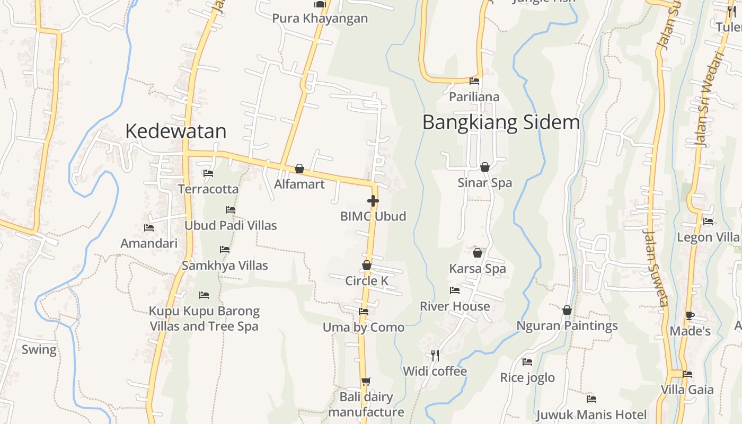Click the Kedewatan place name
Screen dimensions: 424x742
pos(175,131)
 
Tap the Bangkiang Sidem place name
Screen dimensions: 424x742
pos(501,122)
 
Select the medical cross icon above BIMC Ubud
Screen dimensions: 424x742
pos(373,201)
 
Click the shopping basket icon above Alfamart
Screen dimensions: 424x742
pos(299,169)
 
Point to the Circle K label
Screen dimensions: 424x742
pos(367,281)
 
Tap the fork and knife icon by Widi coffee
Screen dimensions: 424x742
pos(435,355)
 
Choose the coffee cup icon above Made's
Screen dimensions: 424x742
pos(690,316)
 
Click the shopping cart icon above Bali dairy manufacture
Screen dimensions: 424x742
pos(366,381)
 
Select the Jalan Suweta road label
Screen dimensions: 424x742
pos(655,268)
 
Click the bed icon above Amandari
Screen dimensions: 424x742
pos(149,228)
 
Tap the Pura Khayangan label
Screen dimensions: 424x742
pos(320,19)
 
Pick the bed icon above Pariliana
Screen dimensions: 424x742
pos(474,81)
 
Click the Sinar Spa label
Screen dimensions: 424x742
pos(485,183)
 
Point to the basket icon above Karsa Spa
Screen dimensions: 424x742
pos(478,253)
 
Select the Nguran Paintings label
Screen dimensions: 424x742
pos(567,325)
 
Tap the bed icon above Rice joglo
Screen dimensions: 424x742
pos(527,362)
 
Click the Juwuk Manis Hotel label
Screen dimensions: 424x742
pos(591,414)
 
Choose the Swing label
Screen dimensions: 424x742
pos(39,350)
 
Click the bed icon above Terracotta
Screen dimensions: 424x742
pos(208,173)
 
